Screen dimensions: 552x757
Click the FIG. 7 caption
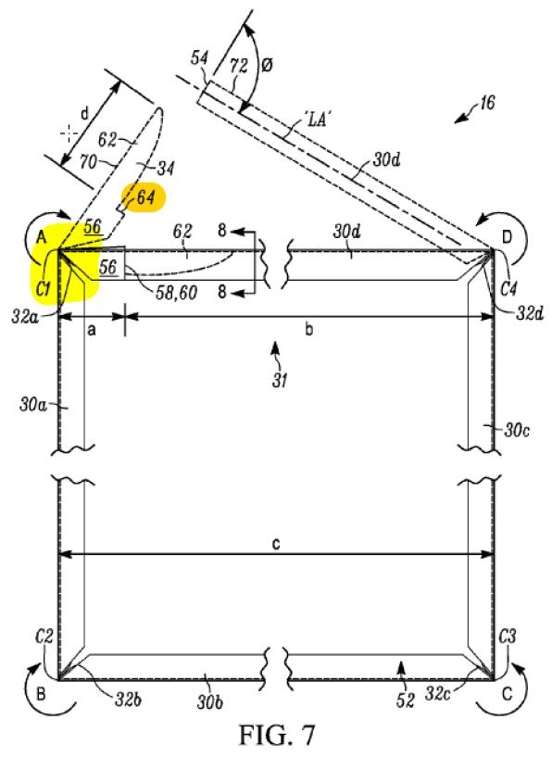pyautogui.click(x=277, y=735)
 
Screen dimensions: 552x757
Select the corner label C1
pyautogui.click(x=44, y=288)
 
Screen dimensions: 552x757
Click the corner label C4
pyautogui.click(x=508, y=288)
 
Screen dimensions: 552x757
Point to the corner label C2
pyautogui.click(x=44, y=637)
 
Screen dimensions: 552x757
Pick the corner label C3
pyautogui.click(x=508, y=637)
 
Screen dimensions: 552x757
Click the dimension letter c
pyautogui.click(x=275, y=544)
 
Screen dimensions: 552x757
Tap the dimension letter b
pyautogui.click(x=308, y=329)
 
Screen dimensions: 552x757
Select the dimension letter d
pyautogui.click(x=85, y=114)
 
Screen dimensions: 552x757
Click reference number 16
pyautogui.click(x=487, y=103)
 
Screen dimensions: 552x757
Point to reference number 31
pyautogui.click(x=280, y=381)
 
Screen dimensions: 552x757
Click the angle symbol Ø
pyautogui.click(x=267, y=65)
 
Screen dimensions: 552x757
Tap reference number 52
pyautogui.click(x=406, y=700)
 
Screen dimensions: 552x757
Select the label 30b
pyautogui.click(x=209, y=701)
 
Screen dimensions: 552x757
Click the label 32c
pyautogui.click(x=438, y=694)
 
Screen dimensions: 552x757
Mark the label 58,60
pyautogui.click(x=176, y=292)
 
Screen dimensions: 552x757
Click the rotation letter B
pyautogui.click(x=42, y=694)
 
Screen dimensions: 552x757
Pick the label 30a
pyautogui.click(x=32, y=404)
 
